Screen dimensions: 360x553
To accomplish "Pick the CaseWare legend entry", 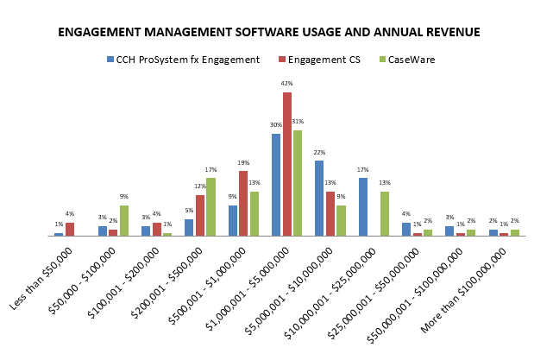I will coord(411,60).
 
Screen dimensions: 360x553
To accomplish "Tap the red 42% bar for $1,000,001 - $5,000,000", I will coord(287,164).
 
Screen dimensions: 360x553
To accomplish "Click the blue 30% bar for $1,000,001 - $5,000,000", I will coord(276,185).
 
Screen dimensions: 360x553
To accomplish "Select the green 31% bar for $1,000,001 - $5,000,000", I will coord(298,183).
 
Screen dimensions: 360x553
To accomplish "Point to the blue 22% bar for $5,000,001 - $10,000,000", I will coord(319,198).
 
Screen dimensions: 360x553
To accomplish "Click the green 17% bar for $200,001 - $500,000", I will coord(211,207).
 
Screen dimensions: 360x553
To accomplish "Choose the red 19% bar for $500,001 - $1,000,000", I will coord(243,203).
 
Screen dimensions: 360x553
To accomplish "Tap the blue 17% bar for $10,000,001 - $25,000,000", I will coord(363,206).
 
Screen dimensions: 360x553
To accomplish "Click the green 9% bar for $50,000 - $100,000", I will coord(124,220).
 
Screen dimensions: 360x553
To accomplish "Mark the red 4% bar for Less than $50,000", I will coord(70,229).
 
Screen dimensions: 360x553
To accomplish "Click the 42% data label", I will coord(287,84).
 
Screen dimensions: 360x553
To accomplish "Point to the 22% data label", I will coord(319,153).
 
